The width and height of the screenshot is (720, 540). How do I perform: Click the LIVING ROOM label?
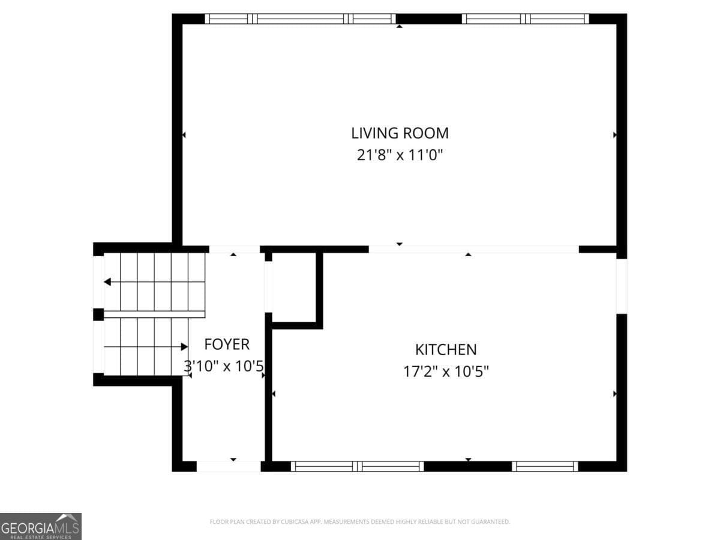[x=400, y=133]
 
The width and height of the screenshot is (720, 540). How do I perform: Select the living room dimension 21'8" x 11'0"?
[x=400, y=155]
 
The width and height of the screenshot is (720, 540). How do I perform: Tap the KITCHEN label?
[x=446, y=349]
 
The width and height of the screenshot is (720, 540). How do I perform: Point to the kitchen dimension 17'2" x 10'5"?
[x=446, y=372]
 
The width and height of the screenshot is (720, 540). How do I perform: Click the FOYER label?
[x=227, y=344]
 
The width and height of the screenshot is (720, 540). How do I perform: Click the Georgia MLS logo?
[x=40, y=526]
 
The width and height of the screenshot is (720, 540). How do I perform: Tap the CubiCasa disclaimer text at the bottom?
[x=359, y=522]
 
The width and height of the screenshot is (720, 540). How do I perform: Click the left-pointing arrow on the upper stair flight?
[x=107, y=282]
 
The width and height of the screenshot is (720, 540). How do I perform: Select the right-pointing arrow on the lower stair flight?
[x=184, y=347]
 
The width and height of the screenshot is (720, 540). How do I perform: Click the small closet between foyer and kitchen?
[x=294, y=287]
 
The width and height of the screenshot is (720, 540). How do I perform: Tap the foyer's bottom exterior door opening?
[x=229, y=466]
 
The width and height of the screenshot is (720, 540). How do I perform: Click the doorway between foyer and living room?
[x=234, y=249]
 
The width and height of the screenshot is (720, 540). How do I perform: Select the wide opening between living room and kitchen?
[x=473, y=249]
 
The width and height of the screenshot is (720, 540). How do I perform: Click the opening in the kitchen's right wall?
[x=622, y=286]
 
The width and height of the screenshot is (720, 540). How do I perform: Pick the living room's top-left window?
[x=300, y=19]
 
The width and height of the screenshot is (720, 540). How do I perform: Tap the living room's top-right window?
[x=526, y=19]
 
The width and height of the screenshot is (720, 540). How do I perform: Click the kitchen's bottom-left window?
[x=358, y=466]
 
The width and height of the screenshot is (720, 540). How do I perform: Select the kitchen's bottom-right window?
[x=545, y=466]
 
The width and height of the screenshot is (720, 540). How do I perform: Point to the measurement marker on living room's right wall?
[x=614, y=135]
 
